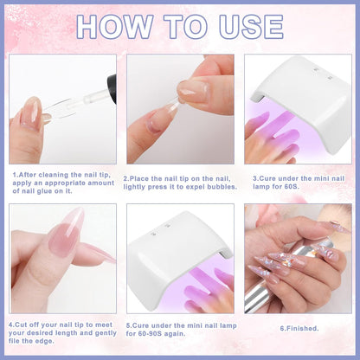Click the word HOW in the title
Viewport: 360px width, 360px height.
(115, 27)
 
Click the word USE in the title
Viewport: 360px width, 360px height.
(251, 27)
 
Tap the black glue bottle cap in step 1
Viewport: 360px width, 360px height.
(112, 88)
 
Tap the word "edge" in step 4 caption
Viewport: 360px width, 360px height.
(45, 341)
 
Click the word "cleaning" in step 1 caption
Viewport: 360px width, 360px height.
(55, 175)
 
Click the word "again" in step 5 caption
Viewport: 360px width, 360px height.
(175, 334)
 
